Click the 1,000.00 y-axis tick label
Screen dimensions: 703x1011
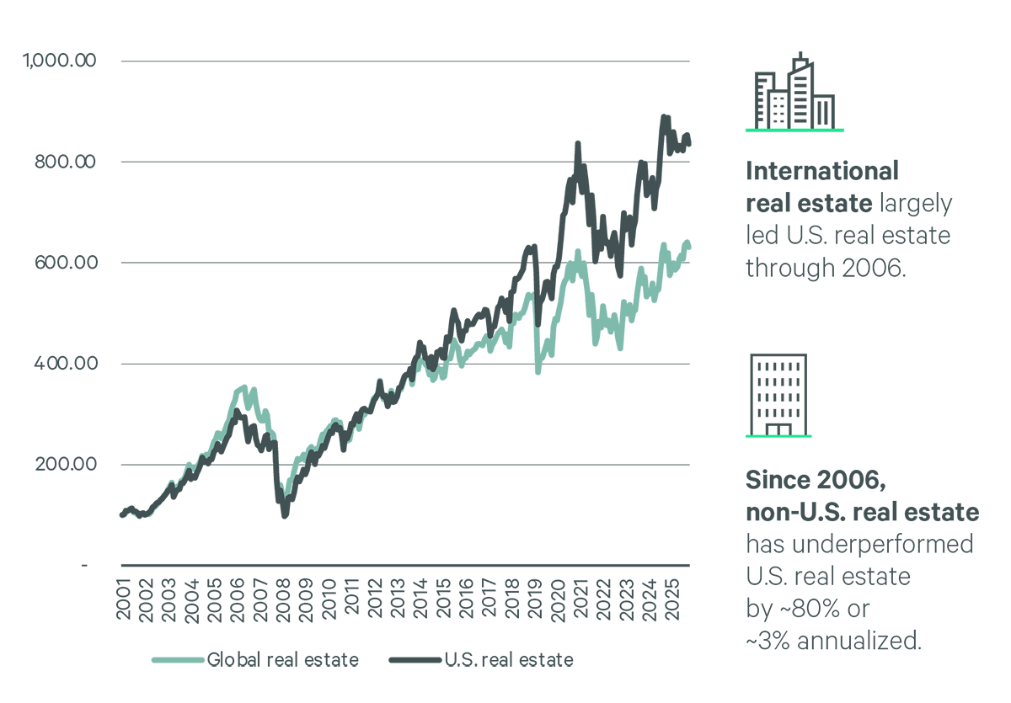pyautogui.click(x=62, y=61)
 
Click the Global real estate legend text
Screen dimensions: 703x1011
pyautogui.click(x=283, y=660)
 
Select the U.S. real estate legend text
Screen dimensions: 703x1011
pyautogui.click(x=509, y=660)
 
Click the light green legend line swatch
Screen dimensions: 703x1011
pyautogui.click(x=178, y=660)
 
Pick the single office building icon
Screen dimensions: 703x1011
pyautogui.click(x=778, y=393)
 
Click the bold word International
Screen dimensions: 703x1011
pyautogui.click(x=822, y=172)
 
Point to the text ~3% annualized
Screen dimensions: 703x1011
pyautogui.click(x=831, y=640)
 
